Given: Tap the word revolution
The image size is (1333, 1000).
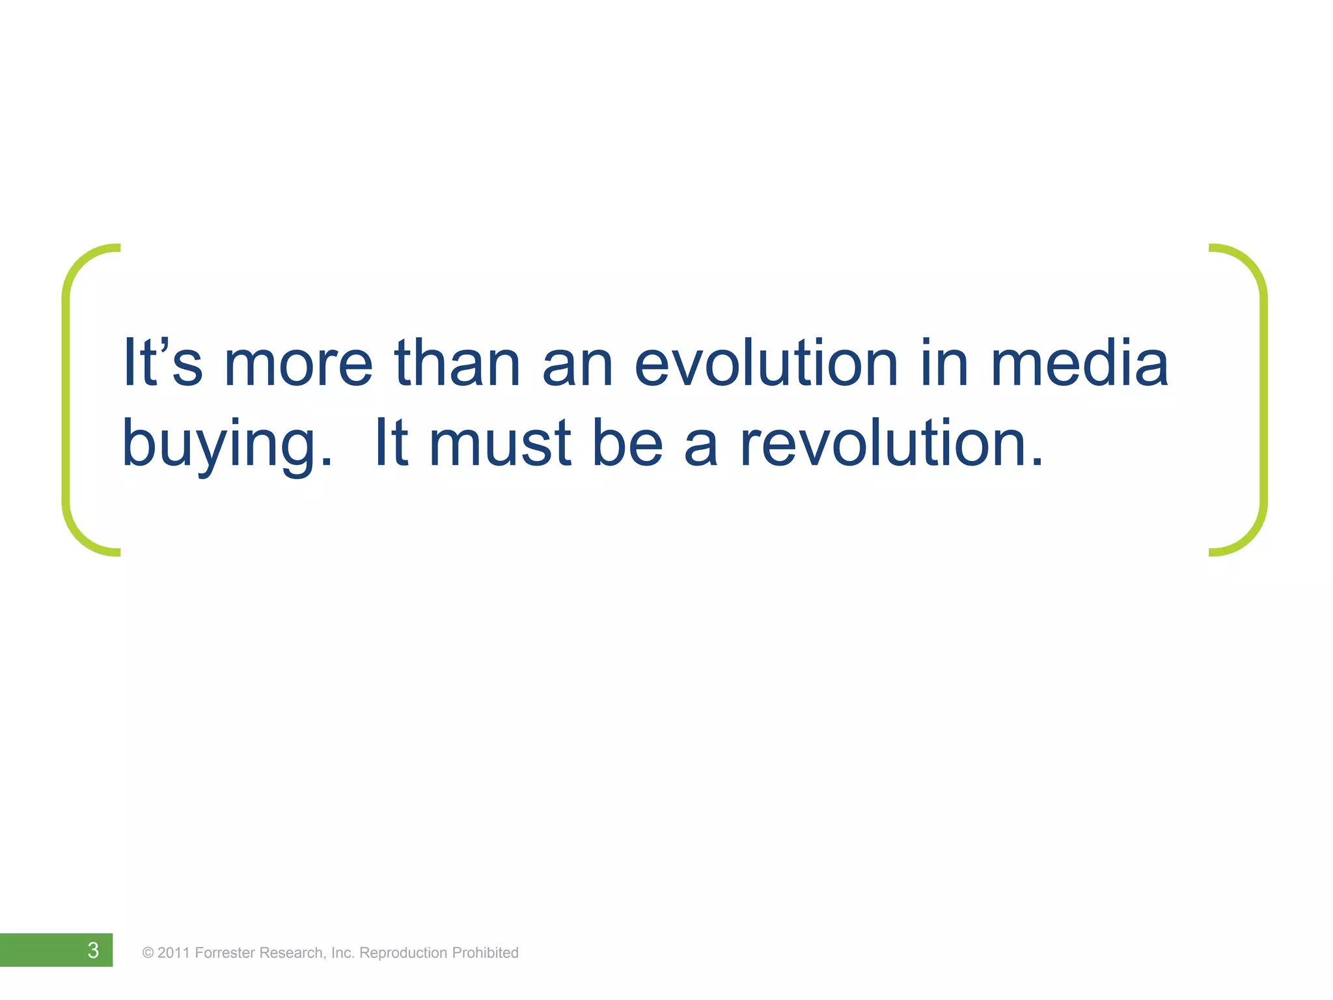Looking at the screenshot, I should pos(892,444).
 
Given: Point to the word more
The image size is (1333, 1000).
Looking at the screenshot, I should pos(298,365).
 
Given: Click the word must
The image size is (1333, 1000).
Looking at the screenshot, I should pos(501,444).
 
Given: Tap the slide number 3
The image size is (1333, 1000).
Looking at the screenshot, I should pos(93,950).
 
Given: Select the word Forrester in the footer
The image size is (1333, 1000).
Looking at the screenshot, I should pos(225,953).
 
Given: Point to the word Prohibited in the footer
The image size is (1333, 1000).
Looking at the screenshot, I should pos(485,953).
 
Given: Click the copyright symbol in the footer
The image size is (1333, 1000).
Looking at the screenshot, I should pos(148,953).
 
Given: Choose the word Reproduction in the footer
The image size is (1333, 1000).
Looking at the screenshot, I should pos(403,953).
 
